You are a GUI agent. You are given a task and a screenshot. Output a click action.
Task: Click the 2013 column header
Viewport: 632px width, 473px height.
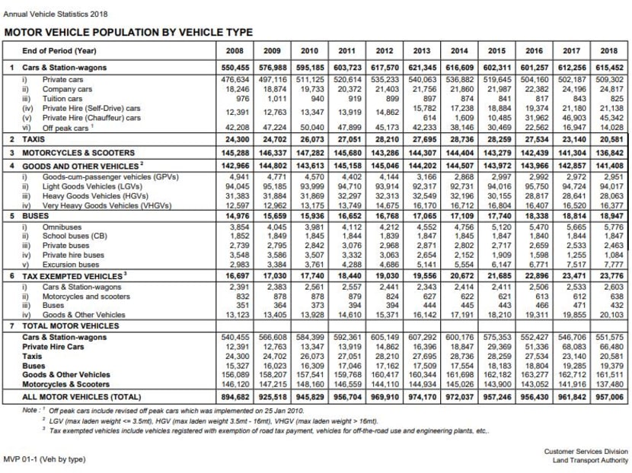coord(421,50)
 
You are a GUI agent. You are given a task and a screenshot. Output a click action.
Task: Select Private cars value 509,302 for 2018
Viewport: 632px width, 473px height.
coord(608,78)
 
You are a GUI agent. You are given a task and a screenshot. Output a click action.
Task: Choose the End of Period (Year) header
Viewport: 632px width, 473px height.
coord(59,50)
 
